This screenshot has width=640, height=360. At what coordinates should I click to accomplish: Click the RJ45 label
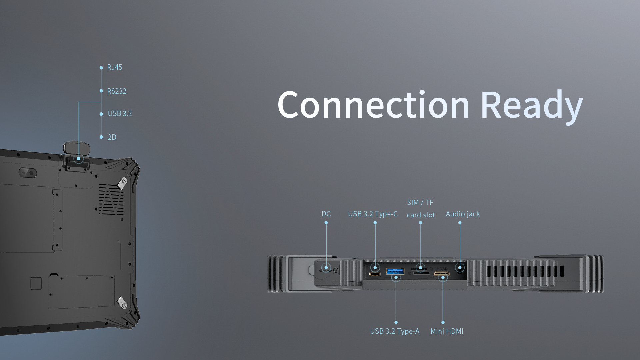click(114, 67)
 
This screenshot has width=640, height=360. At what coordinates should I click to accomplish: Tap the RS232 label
click(116, 91)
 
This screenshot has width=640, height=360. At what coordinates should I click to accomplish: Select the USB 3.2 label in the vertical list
click(120, 114)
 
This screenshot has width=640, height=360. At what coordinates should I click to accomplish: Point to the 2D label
click(112, 137)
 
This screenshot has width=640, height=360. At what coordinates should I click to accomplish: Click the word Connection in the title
click(373, 105)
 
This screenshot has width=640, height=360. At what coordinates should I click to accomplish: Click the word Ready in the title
click(531, 105)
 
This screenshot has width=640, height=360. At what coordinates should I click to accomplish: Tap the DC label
click(326, 214)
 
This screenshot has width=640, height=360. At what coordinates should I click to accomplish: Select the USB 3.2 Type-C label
click(373, 214)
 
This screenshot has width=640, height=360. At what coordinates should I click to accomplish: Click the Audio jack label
click(463, 214)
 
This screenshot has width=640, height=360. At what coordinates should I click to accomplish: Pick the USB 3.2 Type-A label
click(395, 331)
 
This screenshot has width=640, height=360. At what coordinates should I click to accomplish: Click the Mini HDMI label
click(447, 331)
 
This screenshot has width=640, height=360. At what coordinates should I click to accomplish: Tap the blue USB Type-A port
click(395, 271)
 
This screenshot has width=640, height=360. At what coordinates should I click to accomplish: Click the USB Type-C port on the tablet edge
click(375, 274)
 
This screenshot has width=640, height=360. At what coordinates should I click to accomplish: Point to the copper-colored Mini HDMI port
click(442, 274)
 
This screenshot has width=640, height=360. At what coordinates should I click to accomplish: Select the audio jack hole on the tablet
click(460, 268)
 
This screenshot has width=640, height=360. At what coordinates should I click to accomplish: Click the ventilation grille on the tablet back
click(111, 199)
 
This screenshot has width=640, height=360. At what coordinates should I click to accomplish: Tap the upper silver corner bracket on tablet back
click(122, 183)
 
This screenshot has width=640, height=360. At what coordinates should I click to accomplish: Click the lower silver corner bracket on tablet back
click(122, 303)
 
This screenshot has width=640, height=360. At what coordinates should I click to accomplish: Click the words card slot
click(421, 215)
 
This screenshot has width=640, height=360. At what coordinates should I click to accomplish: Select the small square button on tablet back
click(36, 283)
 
